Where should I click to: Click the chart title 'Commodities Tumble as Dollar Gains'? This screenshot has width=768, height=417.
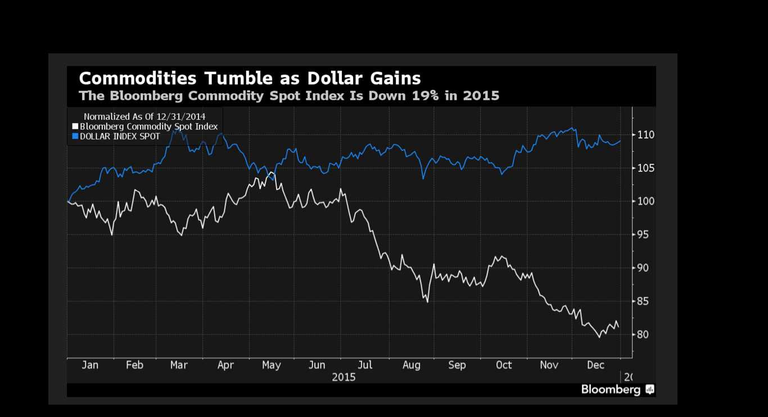[250, 78]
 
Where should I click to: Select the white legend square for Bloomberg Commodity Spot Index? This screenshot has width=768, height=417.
[75, 126]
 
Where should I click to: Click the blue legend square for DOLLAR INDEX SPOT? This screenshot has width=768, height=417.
[75, 136]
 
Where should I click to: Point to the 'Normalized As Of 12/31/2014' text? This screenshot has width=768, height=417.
[144, 116]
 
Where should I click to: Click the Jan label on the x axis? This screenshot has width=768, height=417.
[90, 365]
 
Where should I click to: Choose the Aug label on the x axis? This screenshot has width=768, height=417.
[412, 365]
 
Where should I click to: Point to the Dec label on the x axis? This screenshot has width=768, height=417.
[596, 365]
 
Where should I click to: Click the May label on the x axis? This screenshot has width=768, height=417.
[272, 365]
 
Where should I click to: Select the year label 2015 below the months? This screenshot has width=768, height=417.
[344, 377]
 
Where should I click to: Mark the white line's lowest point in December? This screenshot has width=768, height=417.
[599, 337]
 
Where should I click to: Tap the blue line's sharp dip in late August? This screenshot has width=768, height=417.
[423, 179]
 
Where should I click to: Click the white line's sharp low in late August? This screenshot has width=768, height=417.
[428, 302]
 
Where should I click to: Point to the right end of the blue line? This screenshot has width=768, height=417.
[620, 140]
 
